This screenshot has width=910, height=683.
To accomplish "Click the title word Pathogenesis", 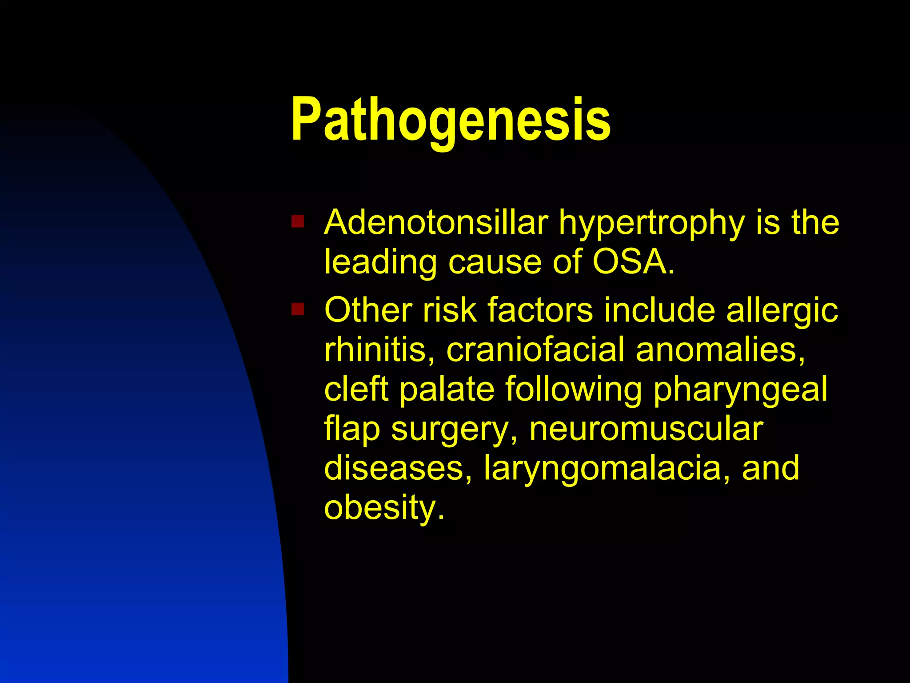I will (x=451, y=120).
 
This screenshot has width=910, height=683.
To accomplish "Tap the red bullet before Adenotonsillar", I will (x=297, y=221).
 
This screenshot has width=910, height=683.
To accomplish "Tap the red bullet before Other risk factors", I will (x=297, y=309).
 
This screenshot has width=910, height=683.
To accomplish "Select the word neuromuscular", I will (x=646, y=429).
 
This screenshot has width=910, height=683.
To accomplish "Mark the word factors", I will (x=540, y=310).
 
